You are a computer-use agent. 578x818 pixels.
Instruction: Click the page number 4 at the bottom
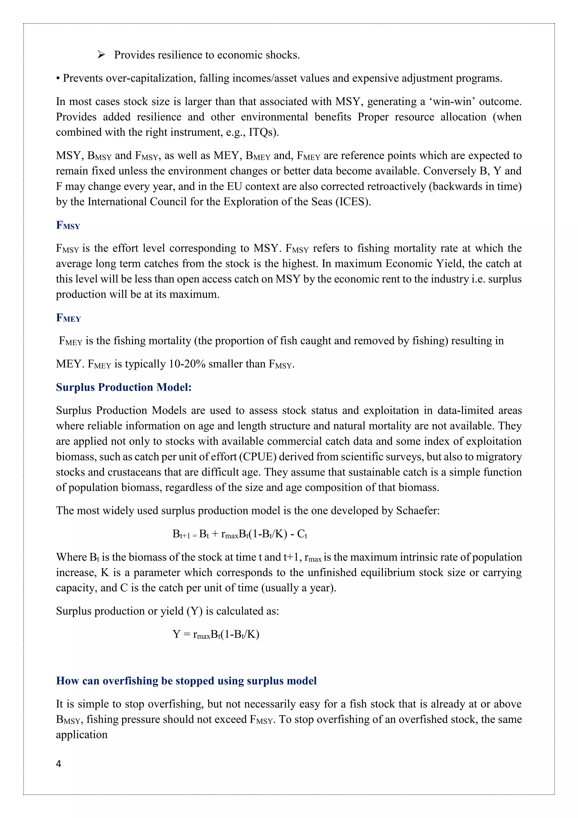(x=59, y=763)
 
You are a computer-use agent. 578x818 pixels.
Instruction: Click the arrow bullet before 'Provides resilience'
(x=101, y=55)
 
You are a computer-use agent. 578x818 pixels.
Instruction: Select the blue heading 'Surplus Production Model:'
(x=124, y=387)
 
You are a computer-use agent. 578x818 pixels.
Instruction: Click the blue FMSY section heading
(x=68, y=225)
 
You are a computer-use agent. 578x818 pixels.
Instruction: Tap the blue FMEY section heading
(x=68, y=318)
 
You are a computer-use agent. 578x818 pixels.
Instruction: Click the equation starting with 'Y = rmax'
(x=216, y=634)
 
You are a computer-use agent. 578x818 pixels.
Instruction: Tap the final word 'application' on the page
(x=82, y=735)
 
